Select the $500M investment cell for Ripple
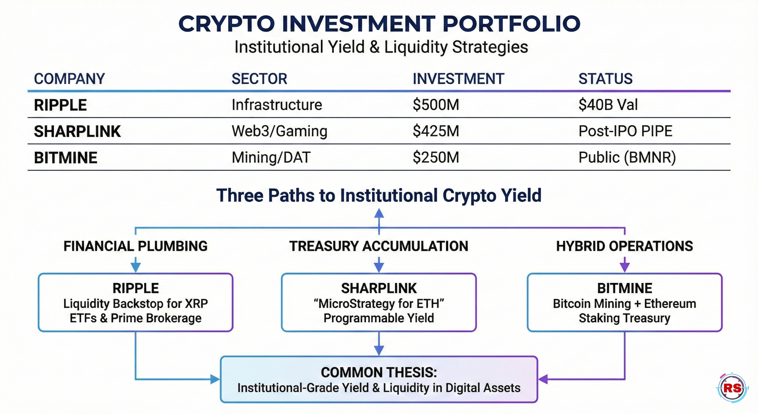coord(436,105)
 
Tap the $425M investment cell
coord(436,131)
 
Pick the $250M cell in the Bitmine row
coord(436,157)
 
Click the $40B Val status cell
coord(608,105)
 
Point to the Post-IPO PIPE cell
coord(625,131)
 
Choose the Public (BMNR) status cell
coord(627,157)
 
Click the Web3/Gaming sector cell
coord(279,131)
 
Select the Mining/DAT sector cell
coord(271,157)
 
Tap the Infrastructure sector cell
coord(277,105)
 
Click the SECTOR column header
coord(259,79)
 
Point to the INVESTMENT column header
coord(458,79)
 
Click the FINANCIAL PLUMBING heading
coord(135,246)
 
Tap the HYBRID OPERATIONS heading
coord(624,246)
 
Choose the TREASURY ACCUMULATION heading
coord(379,246)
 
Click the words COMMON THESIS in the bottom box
coord(379,372)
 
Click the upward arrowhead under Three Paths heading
coord(379,213)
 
